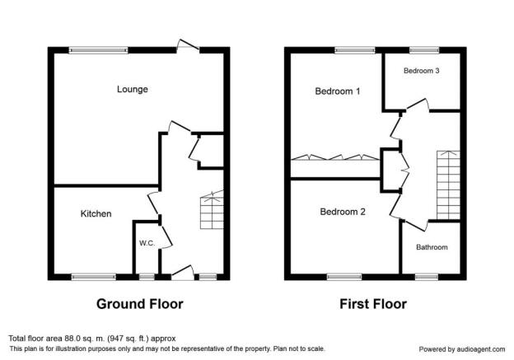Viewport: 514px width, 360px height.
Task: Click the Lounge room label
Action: [x=133, y=89]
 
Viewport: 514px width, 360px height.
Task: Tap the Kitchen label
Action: [x=96, y=213]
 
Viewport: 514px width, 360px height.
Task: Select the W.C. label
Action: [x=147, y=243]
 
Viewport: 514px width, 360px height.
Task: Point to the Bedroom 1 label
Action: [x=338, y=91]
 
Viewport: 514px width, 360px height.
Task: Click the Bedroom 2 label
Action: [x=343, y=212]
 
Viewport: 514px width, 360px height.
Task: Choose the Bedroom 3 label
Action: [x=421, y=71]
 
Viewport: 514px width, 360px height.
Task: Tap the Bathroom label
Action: [x=432, y=247]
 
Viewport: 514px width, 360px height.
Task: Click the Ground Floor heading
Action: [x=140, y=304]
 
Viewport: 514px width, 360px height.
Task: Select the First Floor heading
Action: [x=373, y=304]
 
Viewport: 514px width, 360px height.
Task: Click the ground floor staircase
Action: [x=212, y=210]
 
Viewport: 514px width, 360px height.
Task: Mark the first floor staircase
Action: [x=448, y=185]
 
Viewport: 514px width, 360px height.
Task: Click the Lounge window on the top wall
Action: [x=98, y=50]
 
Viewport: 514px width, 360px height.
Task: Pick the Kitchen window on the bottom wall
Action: [x=94, y=277]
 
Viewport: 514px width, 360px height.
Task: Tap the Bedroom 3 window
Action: [x=424, y=50]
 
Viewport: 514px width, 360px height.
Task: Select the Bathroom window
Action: [x=427, y=277]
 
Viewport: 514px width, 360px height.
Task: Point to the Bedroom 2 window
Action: [x=344, y=277]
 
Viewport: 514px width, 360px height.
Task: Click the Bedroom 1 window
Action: [x=355, y=50]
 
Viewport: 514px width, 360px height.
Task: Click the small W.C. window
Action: [x=147, y=277]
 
